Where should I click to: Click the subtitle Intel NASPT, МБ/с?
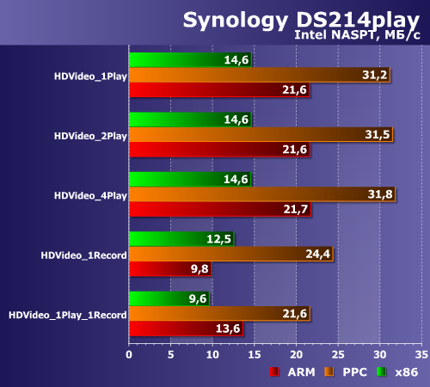pos(357,35)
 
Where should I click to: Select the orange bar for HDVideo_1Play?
pos(258,75)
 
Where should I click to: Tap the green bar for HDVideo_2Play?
pos(189,120)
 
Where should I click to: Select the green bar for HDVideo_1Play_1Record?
pos(169,299)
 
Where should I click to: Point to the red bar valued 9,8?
pos(169,268)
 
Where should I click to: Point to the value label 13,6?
pos(228,329)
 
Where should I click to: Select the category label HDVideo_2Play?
pos(89,135)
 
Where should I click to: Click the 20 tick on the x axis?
pos(296,353)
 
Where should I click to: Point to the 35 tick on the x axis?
pos(421,353)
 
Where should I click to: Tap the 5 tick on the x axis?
pos(171,353)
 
